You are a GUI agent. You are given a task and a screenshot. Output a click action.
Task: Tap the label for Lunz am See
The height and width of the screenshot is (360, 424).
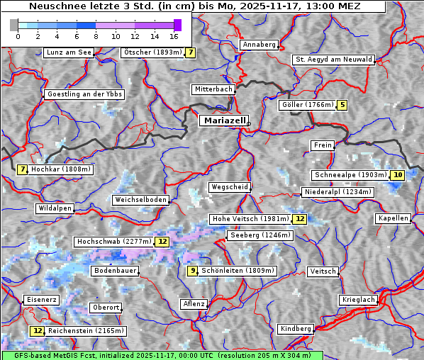tap(69, 52)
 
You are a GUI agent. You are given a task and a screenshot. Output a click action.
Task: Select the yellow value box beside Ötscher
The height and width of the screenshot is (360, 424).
tap(191, 52)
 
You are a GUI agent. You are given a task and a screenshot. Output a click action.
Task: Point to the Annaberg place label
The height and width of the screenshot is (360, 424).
tap(259, 45)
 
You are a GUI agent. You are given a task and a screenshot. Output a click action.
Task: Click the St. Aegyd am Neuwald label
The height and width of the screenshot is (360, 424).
tap(333, 60)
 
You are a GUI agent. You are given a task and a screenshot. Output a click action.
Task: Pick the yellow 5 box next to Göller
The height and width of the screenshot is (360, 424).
tap(342, 105)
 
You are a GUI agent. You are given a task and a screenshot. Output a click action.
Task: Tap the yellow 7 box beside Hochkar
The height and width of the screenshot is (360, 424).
tap(23, 169)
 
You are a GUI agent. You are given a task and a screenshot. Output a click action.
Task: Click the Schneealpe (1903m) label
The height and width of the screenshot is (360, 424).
tap(350, 175)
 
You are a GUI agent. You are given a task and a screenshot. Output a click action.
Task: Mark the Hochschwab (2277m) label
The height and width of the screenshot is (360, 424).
tap(113, 242)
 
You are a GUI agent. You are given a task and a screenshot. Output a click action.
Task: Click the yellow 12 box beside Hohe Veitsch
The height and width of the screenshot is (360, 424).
tap(300, 219)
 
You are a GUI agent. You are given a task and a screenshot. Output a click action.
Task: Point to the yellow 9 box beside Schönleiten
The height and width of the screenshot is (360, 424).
tap(192, 271)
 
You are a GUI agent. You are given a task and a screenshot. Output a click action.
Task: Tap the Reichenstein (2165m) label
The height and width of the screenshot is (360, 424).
tap(86, 331)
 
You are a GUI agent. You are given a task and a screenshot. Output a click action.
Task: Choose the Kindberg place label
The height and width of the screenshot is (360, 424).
tap(296, 329)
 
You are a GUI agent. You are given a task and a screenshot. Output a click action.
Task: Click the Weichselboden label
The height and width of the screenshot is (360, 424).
tap(141, 200)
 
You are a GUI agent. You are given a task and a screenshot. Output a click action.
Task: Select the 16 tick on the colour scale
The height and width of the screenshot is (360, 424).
tap(174, 35)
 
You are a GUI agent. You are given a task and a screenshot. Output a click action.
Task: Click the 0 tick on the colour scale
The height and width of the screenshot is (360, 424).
tap(17, 35)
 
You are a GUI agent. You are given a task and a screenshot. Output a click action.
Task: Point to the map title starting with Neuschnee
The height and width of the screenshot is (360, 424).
tap(194, 6)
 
